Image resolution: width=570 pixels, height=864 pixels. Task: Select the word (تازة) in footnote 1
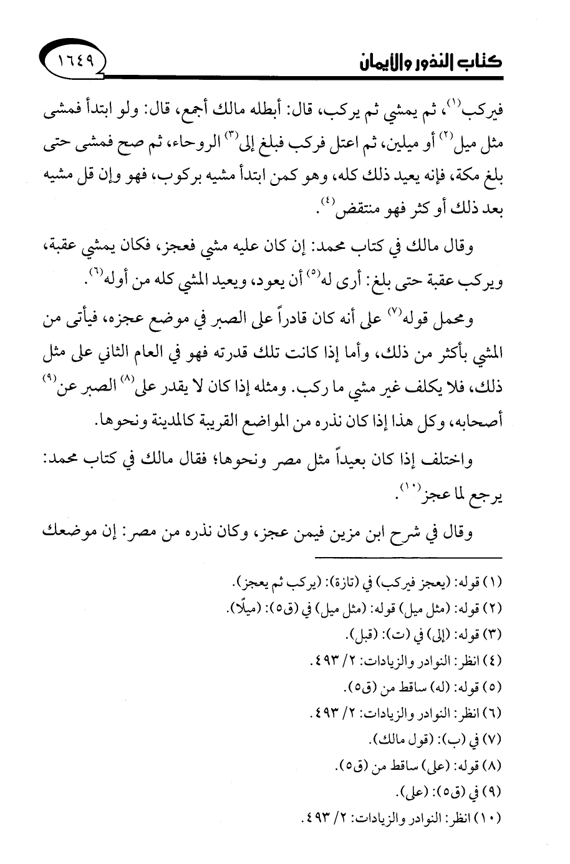tap(362, 584)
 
